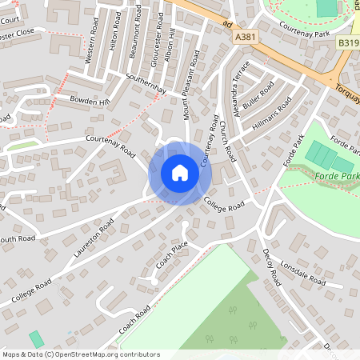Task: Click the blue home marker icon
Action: [x=179, y=173]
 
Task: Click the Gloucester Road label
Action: [x=157, y=36]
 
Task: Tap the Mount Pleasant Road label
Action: [x=192, y=87]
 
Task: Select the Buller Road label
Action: [x=259, y=95]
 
